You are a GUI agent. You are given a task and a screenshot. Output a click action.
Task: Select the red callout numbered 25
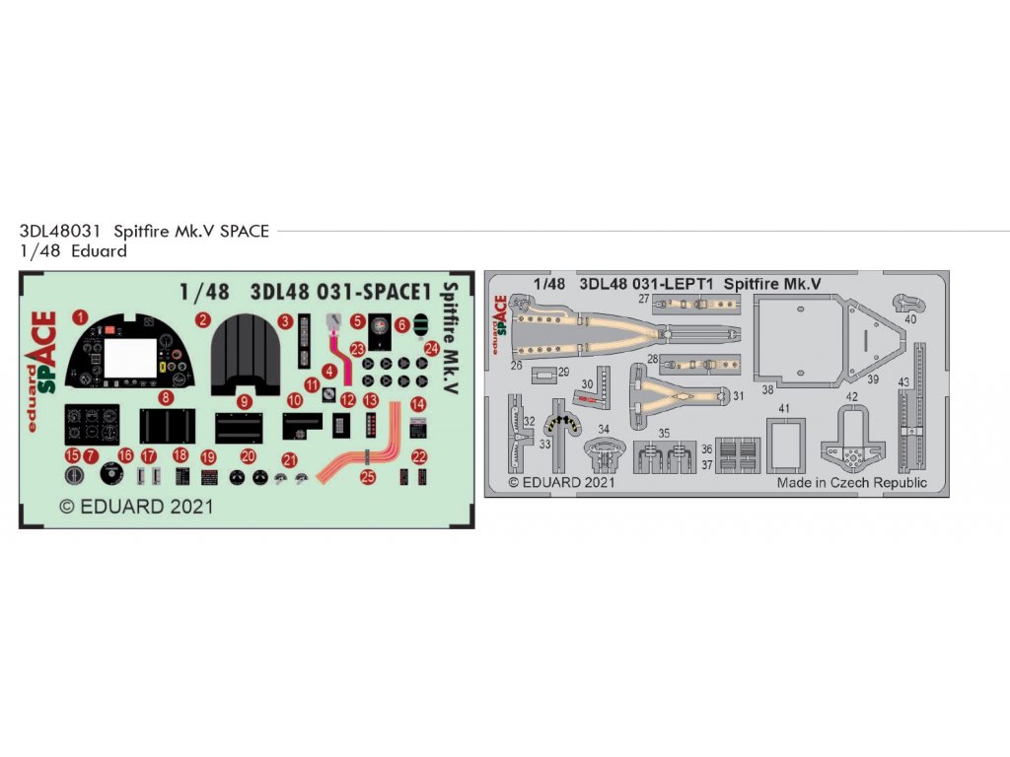368,477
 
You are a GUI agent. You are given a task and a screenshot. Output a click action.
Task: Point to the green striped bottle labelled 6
421,323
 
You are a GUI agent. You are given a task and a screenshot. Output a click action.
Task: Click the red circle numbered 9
244,401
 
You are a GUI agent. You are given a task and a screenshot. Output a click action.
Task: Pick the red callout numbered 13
371,401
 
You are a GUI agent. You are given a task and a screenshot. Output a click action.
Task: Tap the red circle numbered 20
248,456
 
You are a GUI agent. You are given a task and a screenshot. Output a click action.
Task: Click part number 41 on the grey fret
784,407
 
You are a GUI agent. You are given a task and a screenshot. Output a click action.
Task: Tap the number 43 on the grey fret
902,381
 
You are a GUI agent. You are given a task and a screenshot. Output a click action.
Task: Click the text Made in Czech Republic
851,483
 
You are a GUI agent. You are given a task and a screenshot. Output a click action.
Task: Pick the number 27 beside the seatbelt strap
643,298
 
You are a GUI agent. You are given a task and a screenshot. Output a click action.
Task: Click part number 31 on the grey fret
738,396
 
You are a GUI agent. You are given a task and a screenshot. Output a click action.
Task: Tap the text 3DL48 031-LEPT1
647,284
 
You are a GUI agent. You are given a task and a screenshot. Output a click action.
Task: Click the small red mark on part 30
585,398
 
